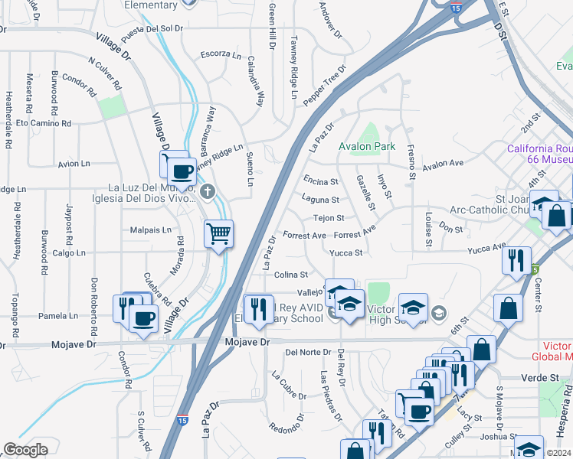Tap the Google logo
pos(25,450)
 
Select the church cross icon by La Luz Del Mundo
pos(208,190)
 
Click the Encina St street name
pos(320,181)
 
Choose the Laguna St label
pos(321,200)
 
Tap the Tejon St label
pos(329,218)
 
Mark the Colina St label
pos(291,275)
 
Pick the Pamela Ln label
pos(53,315)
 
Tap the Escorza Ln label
pos(221,54)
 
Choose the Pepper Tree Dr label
pos(326,84)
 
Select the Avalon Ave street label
pos(444,164)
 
